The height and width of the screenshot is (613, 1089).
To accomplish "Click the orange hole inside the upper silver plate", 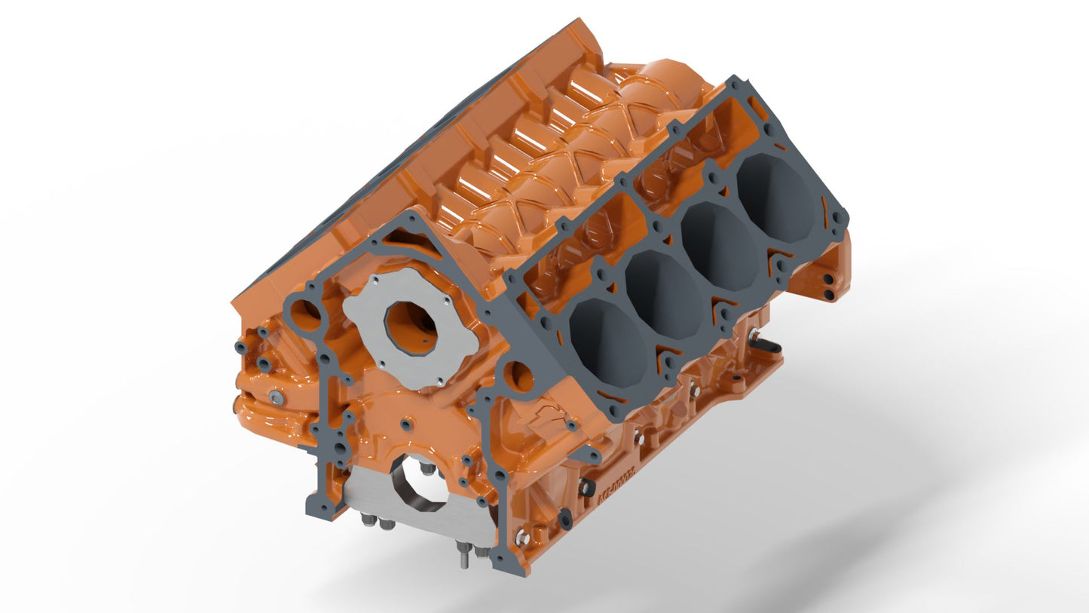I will click(411, 328).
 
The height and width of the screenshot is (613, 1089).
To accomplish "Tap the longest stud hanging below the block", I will click(462, 558).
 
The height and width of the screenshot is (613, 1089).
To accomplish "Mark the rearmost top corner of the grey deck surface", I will click(734, 78).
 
